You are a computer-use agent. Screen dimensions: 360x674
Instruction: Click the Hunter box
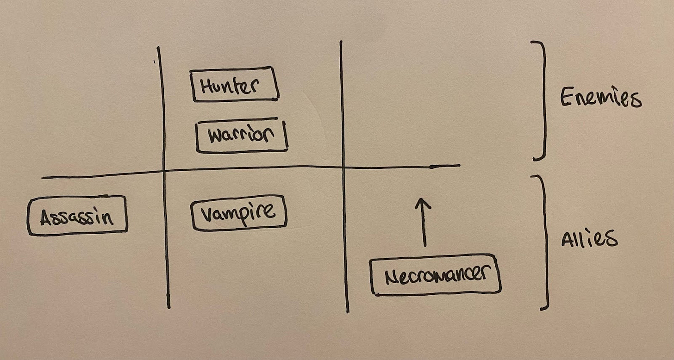click(235, 84)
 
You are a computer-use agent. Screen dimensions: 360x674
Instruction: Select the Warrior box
click(242, 136)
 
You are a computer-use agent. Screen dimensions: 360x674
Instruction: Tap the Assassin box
click(77, 216)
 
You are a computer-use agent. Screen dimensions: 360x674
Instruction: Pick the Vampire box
click(239, 213)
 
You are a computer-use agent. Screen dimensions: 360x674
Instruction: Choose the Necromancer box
click(436, 274)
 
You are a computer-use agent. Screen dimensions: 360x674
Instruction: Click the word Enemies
click(600, 98)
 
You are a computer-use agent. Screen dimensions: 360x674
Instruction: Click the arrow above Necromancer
click(422, 222)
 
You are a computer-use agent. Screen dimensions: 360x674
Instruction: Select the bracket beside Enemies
click(542, 99)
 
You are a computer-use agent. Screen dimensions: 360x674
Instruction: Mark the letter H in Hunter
click(206, 85)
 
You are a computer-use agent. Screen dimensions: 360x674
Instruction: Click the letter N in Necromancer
click(392, 276)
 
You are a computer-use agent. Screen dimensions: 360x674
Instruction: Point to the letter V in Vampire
click(206, 214)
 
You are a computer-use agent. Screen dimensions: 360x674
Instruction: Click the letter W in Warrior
click(216, 136)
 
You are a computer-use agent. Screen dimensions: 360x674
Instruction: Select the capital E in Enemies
click(567, 97)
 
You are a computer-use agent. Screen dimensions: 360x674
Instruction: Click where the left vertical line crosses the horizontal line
click(164, 171)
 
